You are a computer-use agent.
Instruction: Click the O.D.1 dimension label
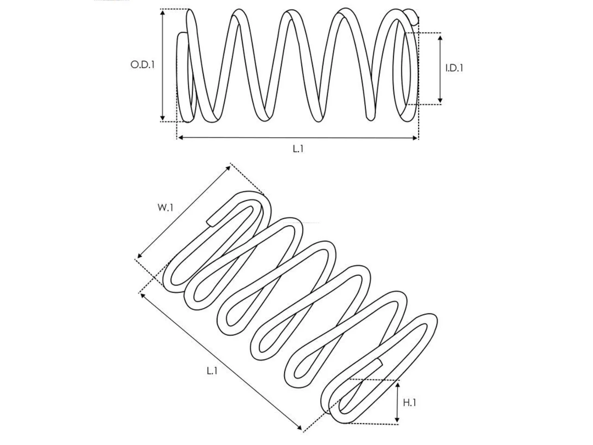coord(142,64)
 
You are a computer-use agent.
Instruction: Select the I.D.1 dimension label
coord(454,68)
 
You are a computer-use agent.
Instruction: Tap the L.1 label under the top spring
coord(298,149)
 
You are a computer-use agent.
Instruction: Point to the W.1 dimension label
coord(165,208)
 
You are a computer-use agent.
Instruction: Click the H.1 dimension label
coord(409,403)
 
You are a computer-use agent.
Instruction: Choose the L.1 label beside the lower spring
coord(212,371)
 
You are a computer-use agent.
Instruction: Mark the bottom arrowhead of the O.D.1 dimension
coord(162,118)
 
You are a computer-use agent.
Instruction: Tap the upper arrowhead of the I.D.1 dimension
coord(440,38)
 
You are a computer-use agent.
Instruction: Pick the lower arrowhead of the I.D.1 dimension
coord(440,100)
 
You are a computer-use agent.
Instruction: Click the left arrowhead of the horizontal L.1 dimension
coord(181,138)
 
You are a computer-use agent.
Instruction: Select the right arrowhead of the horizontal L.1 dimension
coord(415,138)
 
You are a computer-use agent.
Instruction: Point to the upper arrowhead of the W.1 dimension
coord(228,168)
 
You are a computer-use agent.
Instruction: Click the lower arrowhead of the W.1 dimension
coord(139,256)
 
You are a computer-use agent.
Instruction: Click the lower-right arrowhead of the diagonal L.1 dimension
coord(299,428)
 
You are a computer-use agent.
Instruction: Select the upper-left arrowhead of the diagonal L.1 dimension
coord(143,296)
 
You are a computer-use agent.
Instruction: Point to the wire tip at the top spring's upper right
coord(412,15)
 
